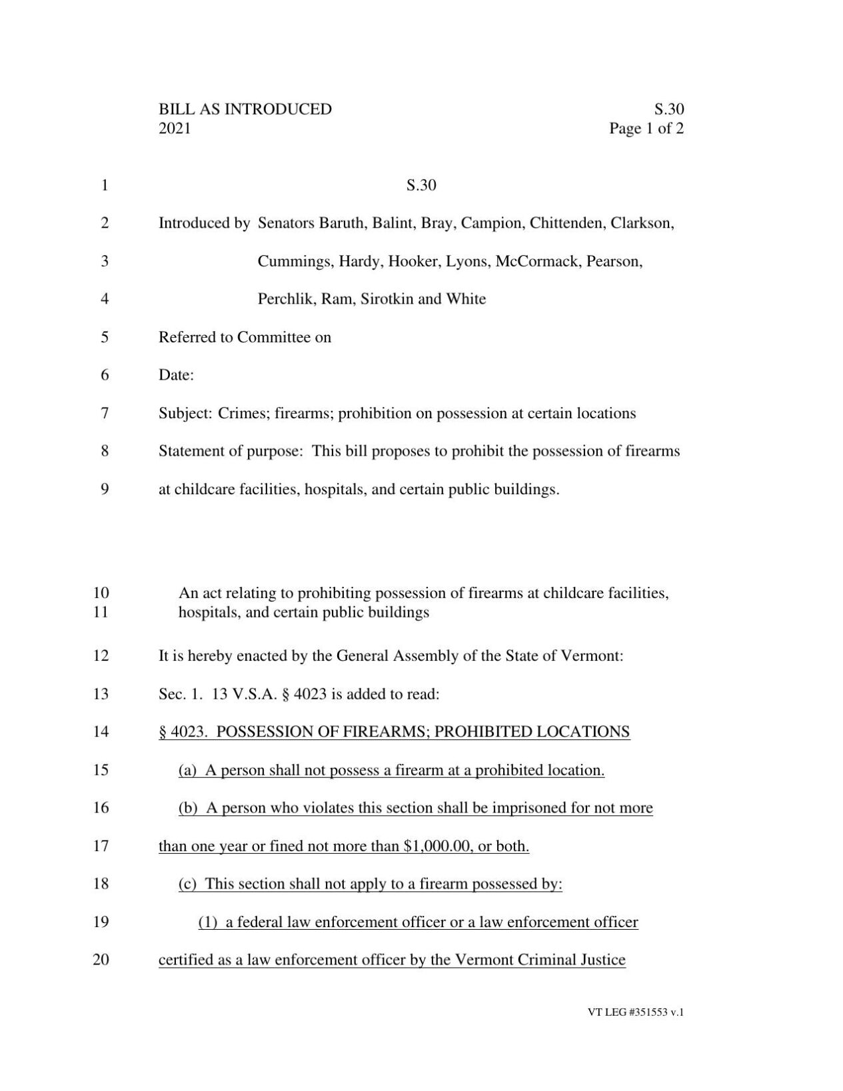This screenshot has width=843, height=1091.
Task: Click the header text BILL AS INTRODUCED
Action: [245, 109]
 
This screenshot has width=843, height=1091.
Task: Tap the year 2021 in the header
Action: [175, 128]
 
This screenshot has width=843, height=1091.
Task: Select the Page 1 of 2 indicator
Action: [646, 128]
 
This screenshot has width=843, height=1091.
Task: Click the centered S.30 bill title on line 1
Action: [421, 184]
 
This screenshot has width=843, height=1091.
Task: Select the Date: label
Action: [176, 375]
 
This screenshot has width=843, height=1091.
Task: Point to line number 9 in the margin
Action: [105, 490]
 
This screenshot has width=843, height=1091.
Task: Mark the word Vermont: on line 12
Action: [592, 656]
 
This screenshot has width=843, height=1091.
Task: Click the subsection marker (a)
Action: [188, 771]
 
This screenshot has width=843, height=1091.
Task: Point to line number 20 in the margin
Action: [101, 960]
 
